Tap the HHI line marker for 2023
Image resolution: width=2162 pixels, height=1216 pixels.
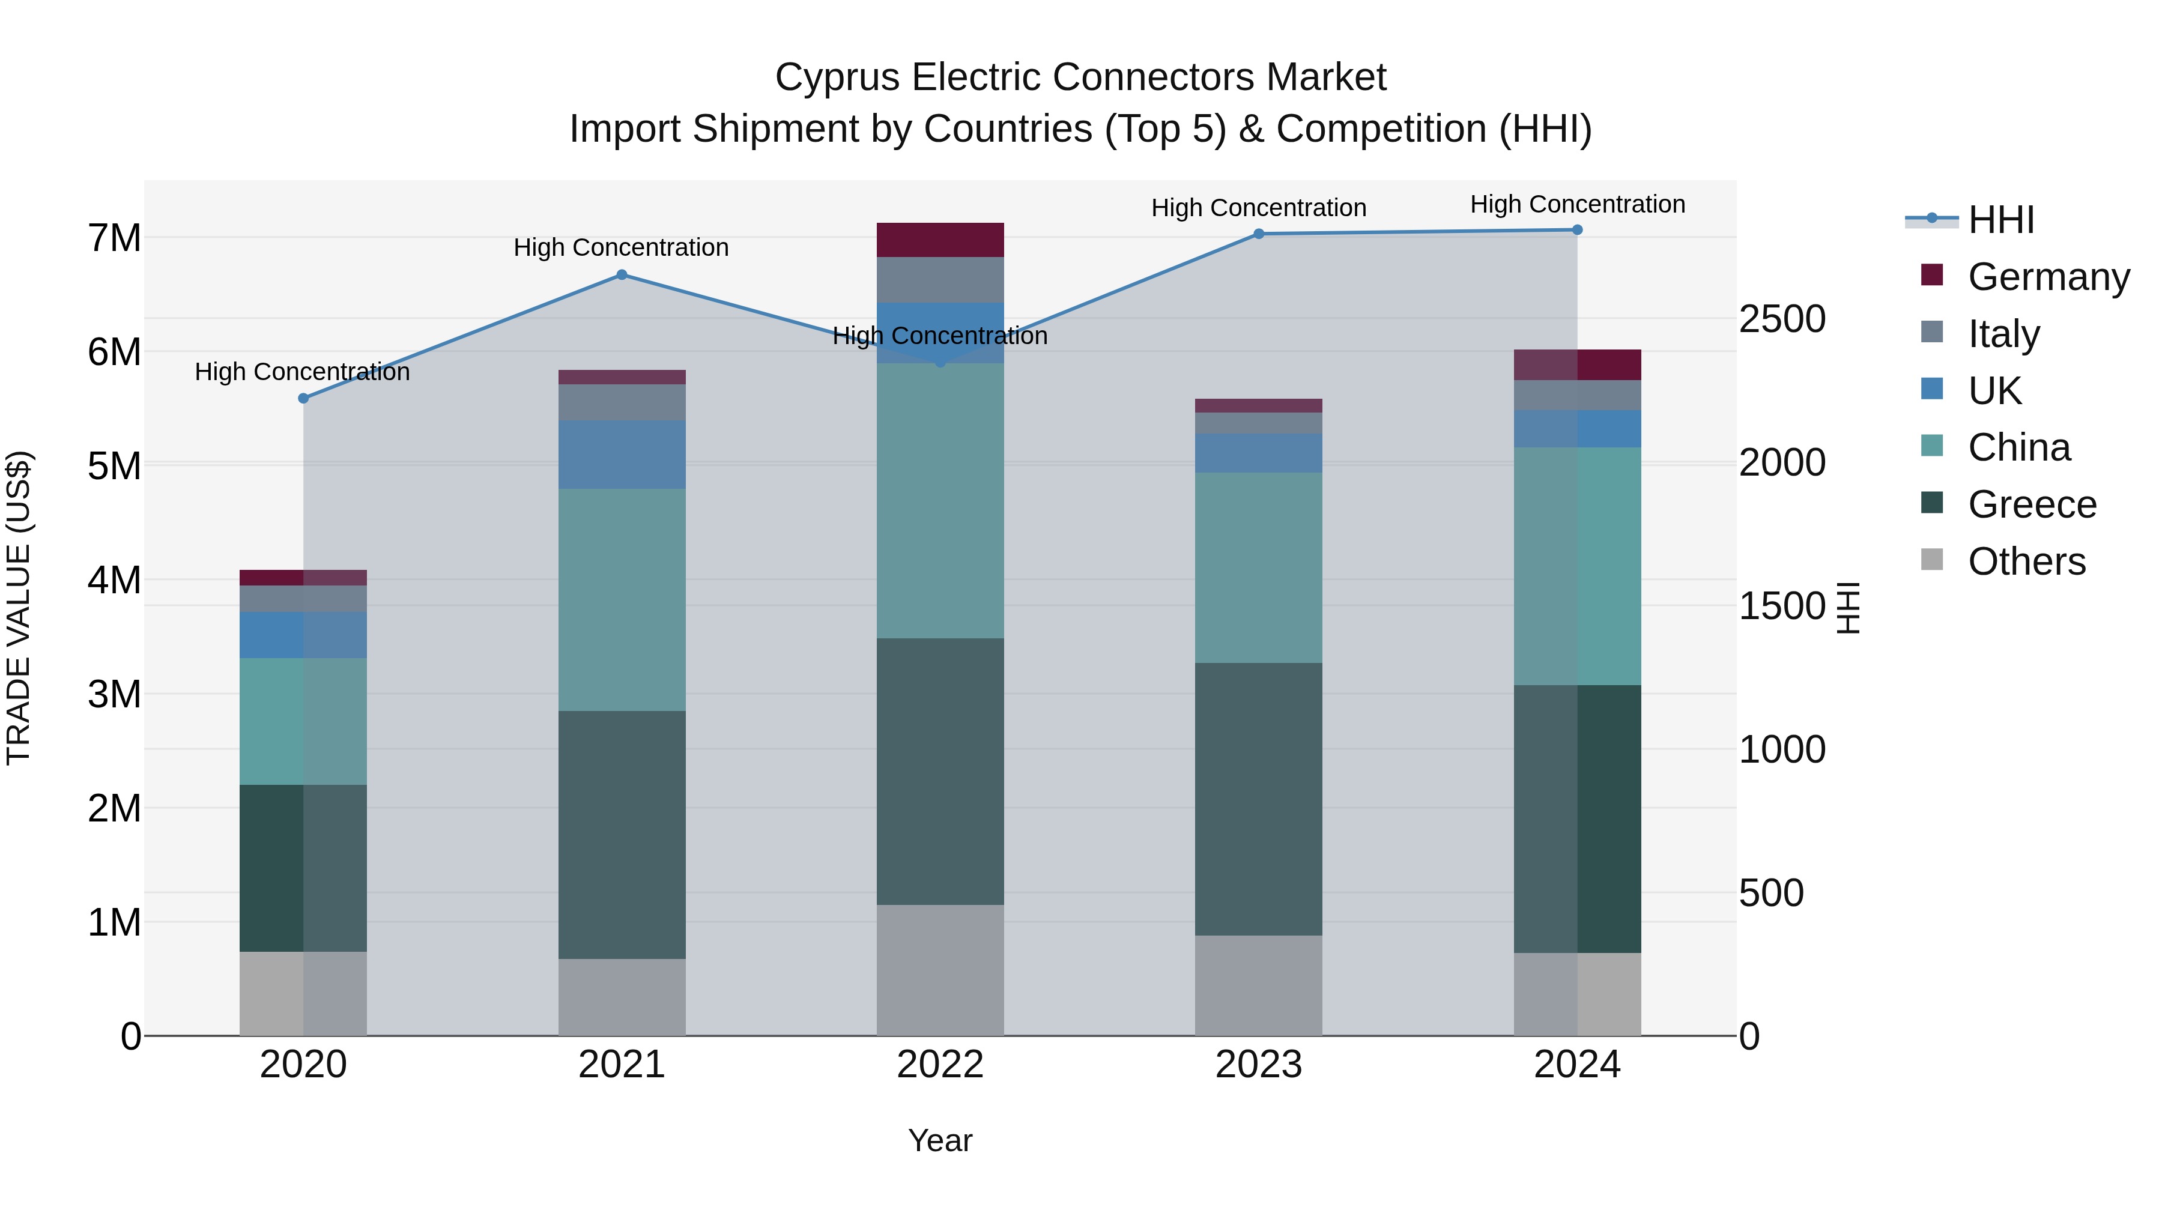1259,234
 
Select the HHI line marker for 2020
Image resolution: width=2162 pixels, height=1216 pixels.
304,399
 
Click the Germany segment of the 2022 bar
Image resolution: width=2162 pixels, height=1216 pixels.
940,240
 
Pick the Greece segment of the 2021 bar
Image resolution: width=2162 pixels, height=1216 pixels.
622,835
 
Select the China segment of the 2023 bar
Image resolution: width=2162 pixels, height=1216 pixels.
1259,568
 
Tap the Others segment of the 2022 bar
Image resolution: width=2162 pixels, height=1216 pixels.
940,970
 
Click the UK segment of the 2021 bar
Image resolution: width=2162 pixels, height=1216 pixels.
622,455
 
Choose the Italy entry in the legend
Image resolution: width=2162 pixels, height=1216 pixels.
2003,334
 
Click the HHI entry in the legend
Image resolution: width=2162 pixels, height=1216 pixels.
2001,220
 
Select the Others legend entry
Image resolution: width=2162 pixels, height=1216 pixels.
2026,561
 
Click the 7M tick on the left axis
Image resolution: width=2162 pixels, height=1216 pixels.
114,238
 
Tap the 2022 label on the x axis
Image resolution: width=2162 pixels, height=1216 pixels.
940,1065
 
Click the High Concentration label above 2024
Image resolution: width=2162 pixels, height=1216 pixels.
1578,204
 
